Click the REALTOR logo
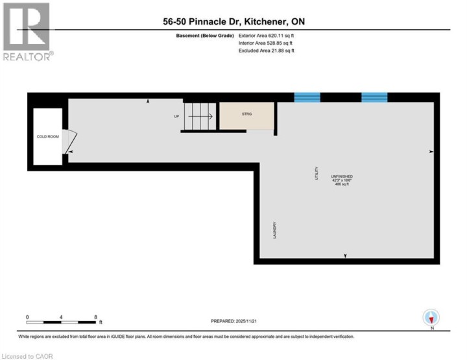coord(27,32)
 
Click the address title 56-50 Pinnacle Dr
coord(233,21)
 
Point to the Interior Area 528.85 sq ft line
coord(266,43)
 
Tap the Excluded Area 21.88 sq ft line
coord(266,50)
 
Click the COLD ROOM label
coord(47,138)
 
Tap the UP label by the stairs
coord(176,117)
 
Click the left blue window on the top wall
coord(307,97)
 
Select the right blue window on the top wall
coord(374,97)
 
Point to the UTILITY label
coord(317,173)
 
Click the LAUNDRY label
coord(275,230)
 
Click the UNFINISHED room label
coord(342,176)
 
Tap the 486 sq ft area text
coord(342,184)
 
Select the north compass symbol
coord(431,318)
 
